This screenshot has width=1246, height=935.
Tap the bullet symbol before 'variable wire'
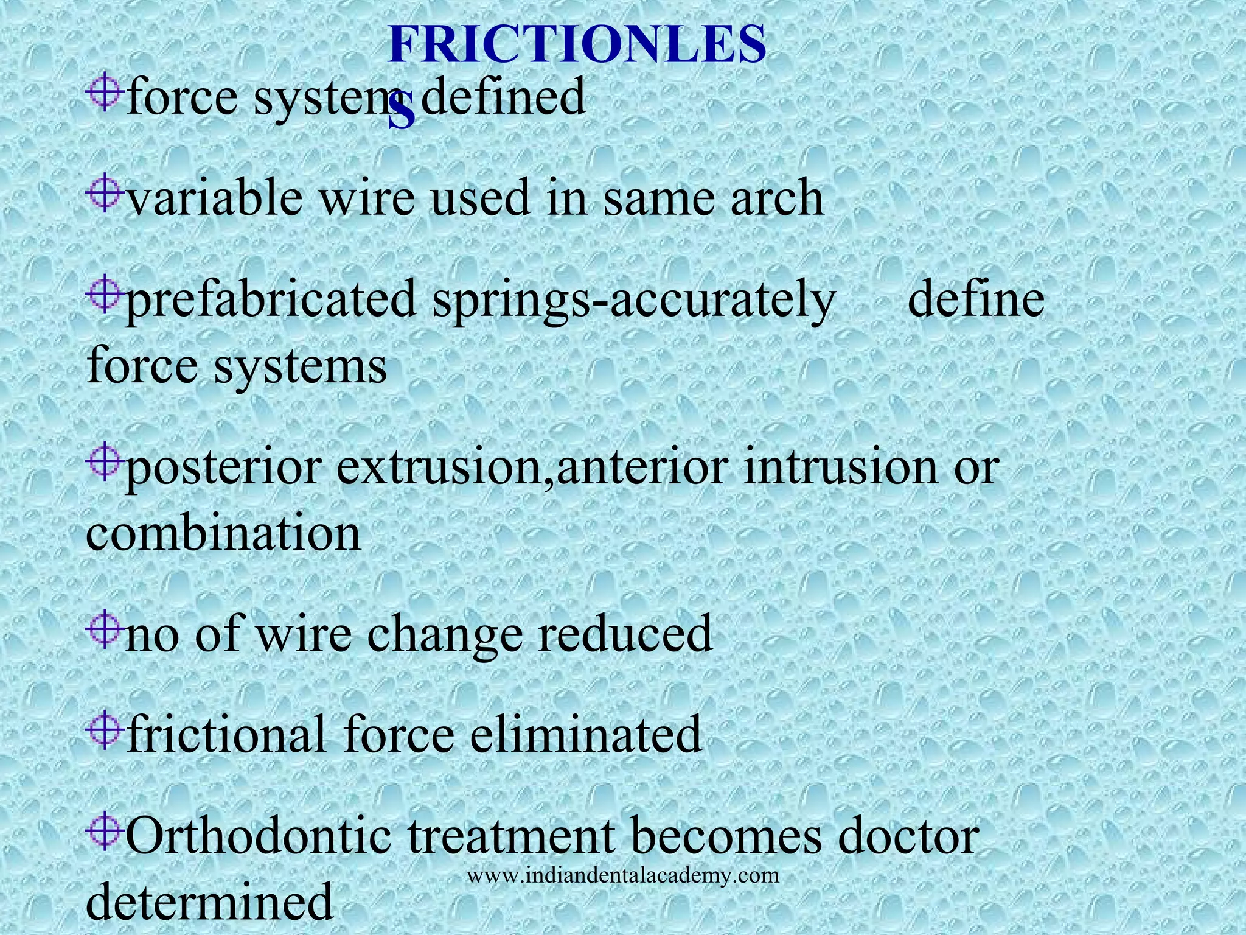tap(104, 194)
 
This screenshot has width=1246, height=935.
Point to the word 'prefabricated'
tap(270, 300)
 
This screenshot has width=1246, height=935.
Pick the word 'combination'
tap(223, 533)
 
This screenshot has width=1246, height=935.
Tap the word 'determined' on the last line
tap(210, 901)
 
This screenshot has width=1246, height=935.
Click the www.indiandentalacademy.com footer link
tap(623, 876)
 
